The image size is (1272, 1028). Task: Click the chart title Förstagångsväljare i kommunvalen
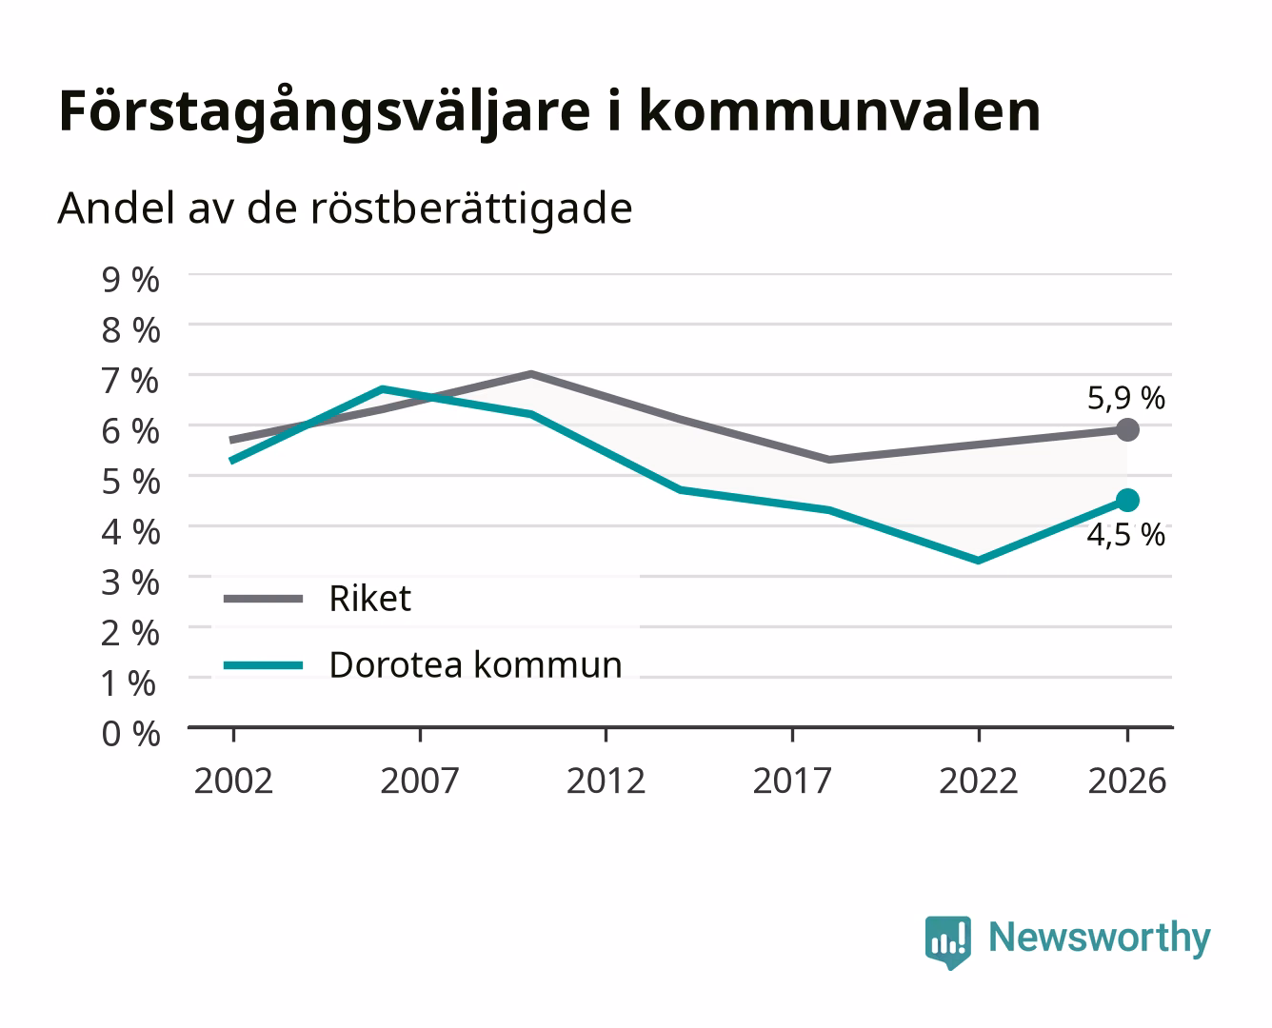(x=549, y=112)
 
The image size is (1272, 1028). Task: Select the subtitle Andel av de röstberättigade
(x=346, y=209)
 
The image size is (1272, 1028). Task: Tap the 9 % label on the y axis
(x=130, y=280)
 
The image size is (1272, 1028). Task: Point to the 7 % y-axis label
(x=130, y=381)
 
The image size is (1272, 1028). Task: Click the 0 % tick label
(x=130, y=734)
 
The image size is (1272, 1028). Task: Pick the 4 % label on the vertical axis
(x=130, y=532)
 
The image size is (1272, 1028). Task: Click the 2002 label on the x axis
(x=233, y=781)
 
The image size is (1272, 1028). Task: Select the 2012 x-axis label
(x=606, y=781)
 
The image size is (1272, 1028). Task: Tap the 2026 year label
(x=1127, y=781)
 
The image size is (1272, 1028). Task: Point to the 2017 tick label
(x=792, y=781)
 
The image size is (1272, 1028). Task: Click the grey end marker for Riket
(x=1127, y=429)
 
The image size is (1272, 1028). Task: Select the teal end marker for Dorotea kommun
(x=1127, y=500)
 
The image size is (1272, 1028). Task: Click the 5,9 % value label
(x=1125, y=398)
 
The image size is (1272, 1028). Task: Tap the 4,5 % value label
(x=1125, y=535)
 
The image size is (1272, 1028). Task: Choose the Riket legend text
(x=370, y=598)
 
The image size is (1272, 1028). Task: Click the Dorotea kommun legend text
(x=476, y=664)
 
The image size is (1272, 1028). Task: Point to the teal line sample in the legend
(x=264, y=665)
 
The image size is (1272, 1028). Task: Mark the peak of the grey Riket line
(x=531, y=374)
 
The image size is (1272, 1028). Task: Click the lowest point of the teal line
(x=978, y=561)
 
